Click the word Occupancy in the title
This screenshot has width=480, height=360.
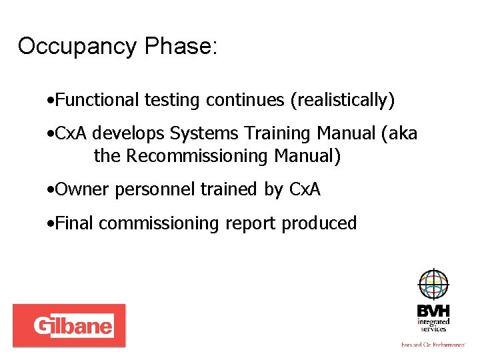pyautogui.click(x=77, y=47)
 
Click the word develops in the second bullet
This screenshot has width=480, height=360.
pyautogui.click(x=128, y=134)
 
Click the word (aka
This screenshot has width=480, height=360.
pyautogui.click(x=399, y=134)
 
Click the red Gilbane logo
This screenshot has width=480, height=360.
pyautogui.click(x=69, y=325)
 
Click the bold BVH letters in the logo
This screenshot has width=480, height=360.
pyautogui.click(x=433, y=311)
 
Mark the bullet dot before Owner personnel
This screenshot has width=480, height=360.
pyautogui.click(x=51, y=191)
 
